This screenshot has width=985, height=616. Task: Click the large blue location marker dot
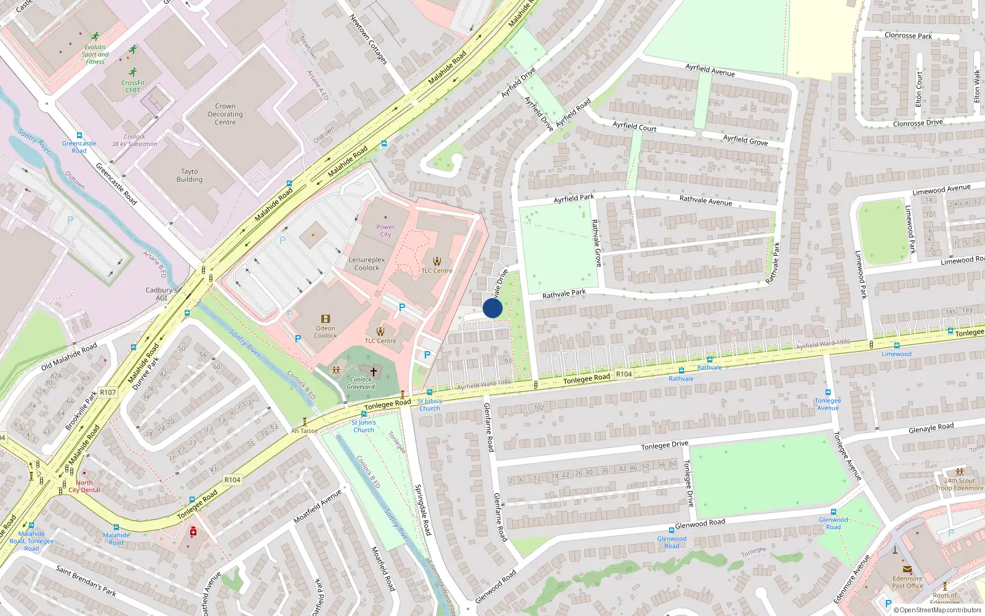tap(492, 308)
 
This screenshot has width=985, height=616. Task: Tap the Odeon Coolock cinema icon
tap(326, 318)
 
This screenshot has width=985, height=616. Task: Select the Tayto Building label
tap(189, 176)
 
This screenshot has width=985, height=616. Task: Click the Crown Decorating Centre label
tap(225, 114)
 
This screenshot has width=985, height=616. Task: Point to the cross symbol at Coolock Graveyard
tap(373, 371)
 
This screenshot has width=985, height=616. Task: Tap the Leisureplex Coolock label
tap(366, 264)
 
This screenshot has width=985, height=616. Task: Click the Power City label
tap(385, 231)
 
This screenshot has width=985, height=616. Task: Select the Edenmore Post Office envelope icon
tap(907, 569)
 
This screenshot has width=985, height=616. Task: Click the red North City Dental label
tap(84, 487)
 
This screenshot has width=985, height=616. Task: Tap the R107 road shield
tap(108, 392)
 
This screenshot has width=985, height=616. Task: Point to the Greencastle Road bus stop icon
tap(79, 136)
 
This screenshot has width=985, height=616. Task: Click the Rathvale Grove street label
tap(596, 243)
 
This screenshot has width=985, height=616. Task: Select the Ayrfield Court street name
tap(634, 126)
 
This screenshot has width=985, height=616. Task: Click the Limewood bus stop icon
tap(896, 346)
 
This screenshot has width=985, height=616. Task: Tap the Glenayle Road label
tap(931, 428)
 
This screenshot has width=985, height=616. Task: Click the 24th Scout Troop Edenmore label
tap(959, 484)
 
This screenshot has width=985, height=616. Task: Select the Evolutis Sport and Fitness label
tap(95, 54)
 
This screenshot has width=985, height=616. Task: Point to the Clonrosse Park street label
tap(908, 36)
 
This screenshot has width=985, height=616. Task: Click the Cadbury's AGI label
tap(161, 294)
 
